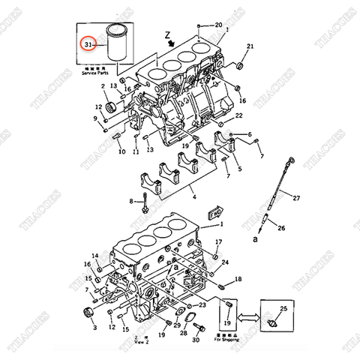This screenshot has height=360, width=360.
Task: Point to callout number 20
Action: coord(218,25)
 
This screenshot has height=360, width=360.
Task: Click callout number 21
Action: coord(250,46)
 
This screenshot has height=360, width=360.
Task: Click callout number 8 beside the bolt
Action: coord(131,202)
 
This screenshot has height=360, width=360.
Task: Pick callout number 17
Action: coord(218,241)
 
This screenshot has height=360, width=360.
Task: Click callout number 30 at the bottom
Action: coord(196,340)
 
